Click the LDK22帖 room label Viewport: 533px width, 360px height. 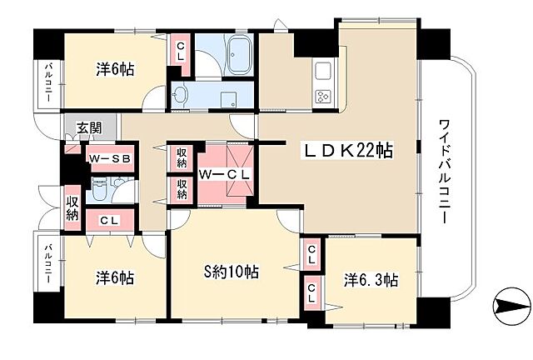pos(347,152)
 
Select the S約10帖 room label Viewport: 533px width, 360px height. pos(231,272)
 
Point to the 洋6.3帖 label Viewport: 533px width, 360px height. pos(371,280)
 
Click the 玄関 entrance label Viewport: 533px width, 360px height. pos(89,128)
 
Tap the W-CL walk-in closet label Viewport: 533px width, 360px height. pos(225,173)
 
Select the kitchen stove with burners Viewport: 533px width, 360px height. pos(323,95)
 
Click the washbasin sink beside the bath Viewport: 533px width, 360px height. pos(182,96)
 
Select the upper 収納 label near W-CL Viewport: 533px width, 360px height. pos(182,156)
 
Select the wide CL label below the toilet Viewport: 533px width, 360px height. pos(107,221)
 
